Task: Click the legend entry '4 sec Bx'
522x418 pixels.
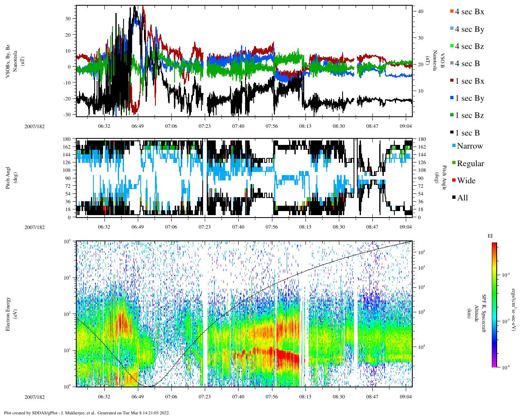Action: [x=469, y=12]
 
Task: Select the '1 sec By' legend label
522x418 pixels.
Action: [x=469, y=98]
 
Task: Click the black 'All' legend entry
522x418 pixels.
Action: [x=462, y=198]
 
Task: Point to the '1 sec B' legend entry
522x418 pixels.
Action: [x=467, y=133]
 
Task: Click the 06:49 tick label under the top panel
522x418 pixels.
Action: [x=137, y=126]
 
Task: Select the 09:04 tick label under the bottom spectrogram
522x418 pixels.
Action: [x=405, y=397]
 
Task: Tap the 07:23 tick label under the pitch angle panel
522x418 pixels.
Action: [x=204, y=227]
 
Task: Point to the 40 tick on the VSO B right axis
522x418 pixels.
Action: [x=420, y=11]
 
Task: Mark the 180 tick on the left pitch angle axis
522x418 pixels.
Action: [x=67, y=139]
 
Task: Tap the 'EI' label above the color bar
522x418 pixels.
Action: [x=490, y=236]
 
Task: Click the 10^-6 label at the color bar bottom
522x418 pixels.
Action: [x=504, y=367]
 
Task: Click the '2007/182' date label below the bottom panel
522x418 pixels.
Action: [x=35, y=397]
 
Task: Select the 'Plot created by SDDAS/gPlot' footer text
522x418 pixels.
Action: [x=86, y=413]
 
